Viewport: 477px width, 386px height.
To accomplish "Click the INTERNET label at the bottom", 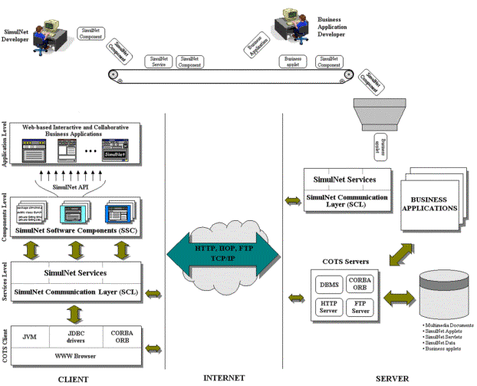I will point(224,378).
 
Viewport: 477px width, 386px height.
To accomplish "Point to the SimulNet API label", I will point(75,176).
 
